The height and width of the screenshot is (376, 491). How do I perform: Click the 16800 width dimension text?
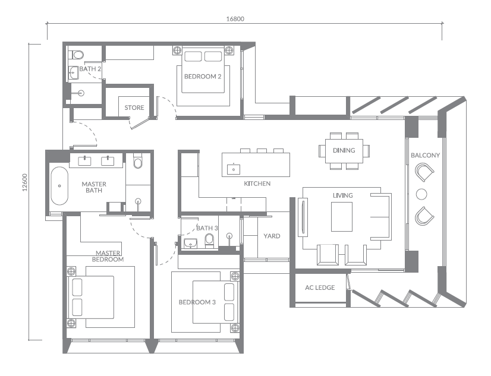pyautogui.click(x=235, y=18)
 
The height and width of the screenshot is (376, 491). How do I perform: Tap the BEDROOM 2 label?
pyautogui.click(x=203, y=77)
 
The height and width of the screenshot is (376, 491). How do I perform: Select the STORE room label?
pyautogui.click(x=134, y=108)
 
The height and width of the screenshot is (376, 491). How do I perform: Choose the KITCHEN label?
pyautogui.click(x=257, y=184)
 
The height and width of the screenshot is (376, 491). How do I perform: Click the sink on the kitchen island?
pyautogui.click(x=234, y=168)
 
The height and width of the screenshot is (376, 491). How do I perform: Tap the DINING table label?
pyautogui.click(x=344, y=150)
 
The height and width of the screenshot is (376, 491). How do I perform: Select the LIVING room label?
pyautogui.click(x=342, y=195)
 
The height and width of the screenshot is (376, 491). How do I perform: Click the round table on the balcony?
pyautogui.click(x=422, y=194)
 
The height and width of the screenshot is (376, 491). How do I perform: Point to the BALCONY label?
pyautogui.click(x=425, y=156)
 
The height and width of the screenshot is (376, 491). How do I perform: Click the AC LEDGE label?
pyautogui.click(x=320, y=287)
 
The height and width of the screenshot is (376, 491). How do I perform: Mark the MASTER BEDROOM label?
pyautogui.click(x=108, y=256)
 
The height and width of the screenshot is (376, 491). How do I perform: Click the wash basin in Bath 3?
pyautogui.click(x=191, y=243)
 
